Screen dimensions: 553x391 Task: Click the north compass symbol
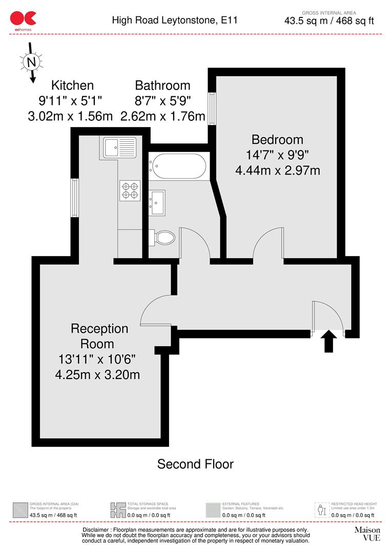coord(32,62)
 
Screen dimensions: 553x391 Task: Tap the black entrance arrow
coord(328,342)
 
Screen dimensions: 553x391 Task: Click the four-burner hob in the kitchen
coord(130,190)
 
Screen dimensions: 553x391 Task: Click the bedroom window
coord(211,109)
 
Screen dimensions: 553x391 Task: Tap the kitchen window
coord(75,197)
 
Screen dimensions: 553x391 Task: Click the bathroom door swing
coord(195,244)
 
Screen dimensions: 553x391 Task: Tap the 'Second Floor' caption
coord(195,464)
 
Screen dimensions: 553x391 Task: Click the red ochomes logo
coord(23,19)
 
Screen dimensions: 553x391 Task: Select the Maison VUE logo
coord(367,534)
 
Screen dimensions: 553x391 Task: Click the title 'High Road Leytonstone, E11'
coord(175,20)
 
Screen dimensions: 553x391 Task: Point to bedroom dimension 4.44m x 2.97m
coord(277,171)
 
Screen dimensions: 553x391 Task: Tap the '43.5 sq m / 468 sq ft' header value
coord(329,21)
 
